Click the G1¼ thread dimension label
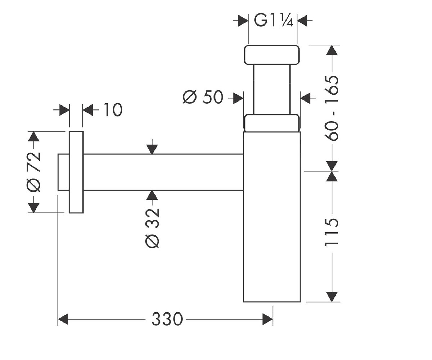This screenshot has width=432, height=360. pos(273,21)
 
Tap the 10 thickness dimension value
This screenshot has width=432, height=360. pos(113,110)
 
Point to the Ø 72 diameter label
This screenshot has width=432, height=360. pos(33,172)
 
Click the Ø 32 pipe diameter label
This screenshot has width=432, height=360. pos(152,228)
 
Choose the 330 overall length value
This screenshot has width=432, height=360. pos(167,319)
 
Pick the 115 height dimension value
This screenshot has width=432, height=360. pos(332,232)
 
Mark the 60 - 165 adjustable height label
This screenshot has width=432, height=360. pos(332,108)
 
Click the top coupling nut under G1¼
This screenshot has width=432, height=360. pos(272,55)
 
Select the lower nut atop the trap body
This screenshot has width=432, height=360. pos(272,123)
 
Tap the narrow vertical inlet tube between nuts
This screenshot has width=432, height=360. pos(272,89)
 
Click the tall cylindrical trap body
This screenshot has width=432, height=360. pos(272,217)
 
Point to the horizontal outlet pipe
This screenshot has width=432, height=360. pos(163,172)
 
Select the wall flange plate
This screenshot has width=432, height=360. pos(76,172)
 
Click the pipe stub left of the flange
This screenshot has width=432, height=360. pos(63,172)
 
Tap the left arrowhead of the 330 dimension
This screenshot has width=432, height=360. pos(63,319)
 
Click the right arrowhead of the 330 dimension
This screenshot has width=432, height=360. pos(267,319)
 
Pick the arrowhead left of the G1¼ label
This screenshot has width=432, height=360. pos(243,21)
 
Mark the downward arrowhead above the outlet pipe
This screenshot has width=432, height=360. pos(152,149)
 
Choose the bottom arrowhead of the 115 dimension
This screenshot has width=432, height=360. pos(332,297)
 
